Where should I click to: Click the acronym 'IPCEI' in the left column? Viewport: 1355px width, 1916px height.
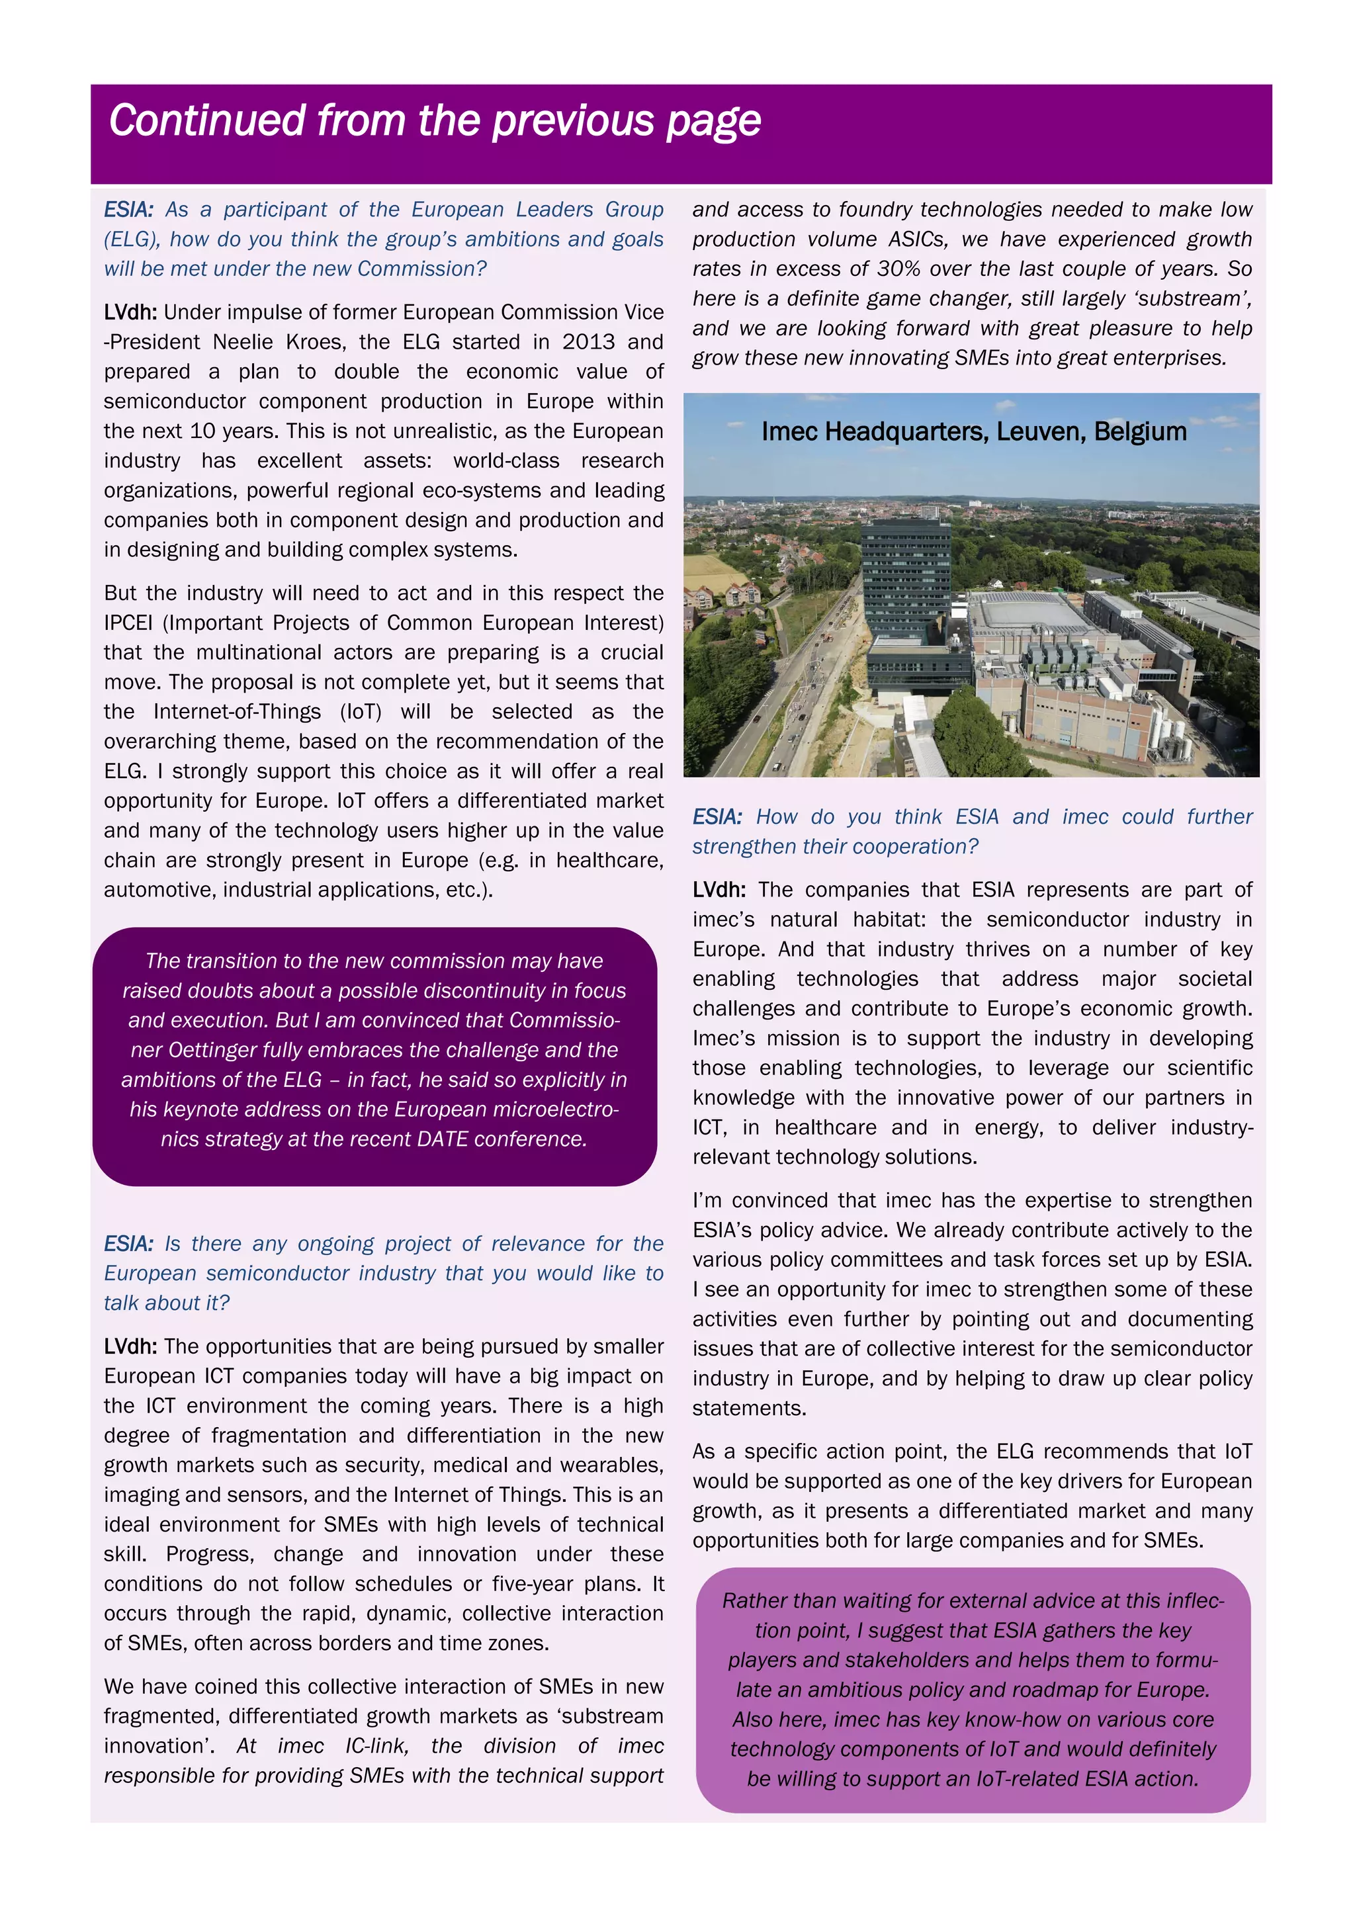tap(128, 623)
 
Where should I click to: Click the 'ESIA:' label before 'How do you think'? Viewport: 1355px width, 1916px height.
tap(717, 817)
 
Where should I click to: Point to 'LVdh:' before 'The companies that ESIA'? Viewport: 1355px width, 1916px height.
tap(719, 891)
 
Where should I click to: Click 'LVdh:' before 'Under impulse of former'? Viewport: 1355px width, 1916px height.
tap(130, 313)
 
